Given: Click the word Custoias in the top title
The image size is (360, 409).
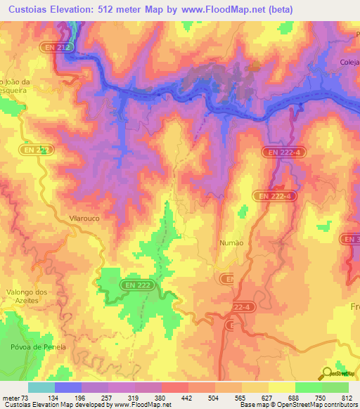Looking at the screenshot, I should (33, 8).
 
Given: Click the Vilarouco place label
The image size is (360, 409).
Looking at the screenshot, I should (87, 219).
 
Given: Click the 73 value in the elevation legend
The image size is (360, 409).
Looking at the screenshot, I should (30, 398).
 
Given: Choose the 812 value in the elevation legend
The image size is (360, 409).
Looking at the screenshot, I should (346, 398).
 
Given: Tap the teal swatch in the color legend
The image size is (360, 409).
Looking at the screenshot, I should (41, 387).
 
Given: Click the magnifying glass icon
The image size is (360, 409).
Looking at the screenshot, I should (326, 373).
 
